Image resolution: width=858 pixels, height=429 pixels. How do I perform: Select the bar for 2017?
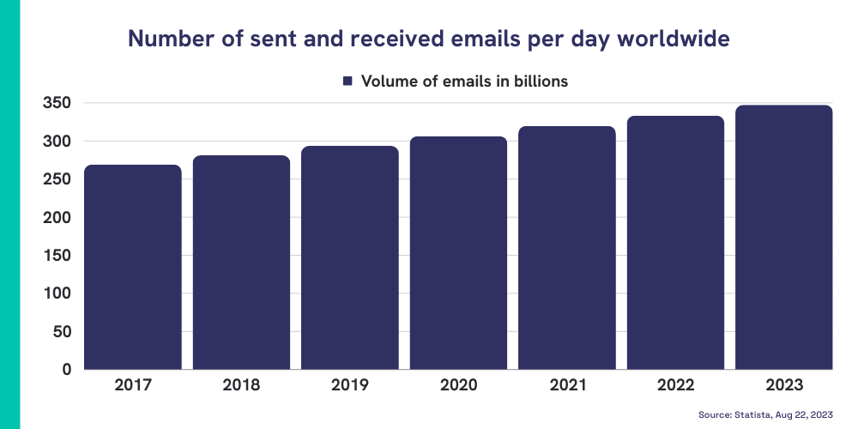[132, 267]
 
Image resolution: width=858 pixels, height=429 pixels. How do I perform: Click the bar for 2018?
[241, 263]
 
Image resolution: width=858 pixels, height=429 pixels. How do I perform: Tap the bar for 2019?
[349, 257]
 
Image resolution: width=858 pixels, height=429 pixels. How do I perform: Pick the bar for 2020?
[458, 253]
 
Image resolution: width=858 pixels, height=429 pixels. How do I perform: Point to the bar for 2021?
[567, 248]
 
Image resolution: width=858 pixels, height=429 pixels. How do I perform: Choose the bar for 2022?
[675, 243]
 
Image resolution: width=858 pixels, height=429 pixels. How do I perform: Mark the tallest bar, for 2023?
[784, 238]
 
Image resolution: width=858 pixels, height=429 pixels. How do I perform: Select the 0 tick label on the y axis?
[65, 370]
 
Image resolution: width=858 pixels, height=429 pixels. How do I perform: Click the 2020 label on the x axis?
[458, 385]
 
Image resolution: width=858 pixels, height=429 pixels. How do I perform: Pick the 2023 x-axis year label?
[784, 385]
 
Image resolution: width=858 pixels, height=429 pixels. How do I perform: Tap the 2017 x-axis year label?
[132, 385]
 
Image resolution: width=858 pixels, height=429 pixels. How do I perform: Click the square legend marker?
[347, 82]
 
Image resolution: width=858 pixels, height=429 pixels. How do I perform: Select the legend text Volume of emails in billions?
[464, 82]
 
